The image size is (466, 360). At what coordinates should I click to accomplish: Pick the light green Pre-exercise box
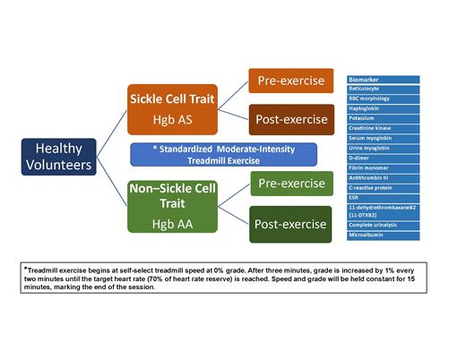pyautogui.click(x=289, y=185)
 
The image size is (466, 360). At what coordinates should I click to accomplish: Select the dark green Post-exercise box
pyautogui.click(x=289, y=224)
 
